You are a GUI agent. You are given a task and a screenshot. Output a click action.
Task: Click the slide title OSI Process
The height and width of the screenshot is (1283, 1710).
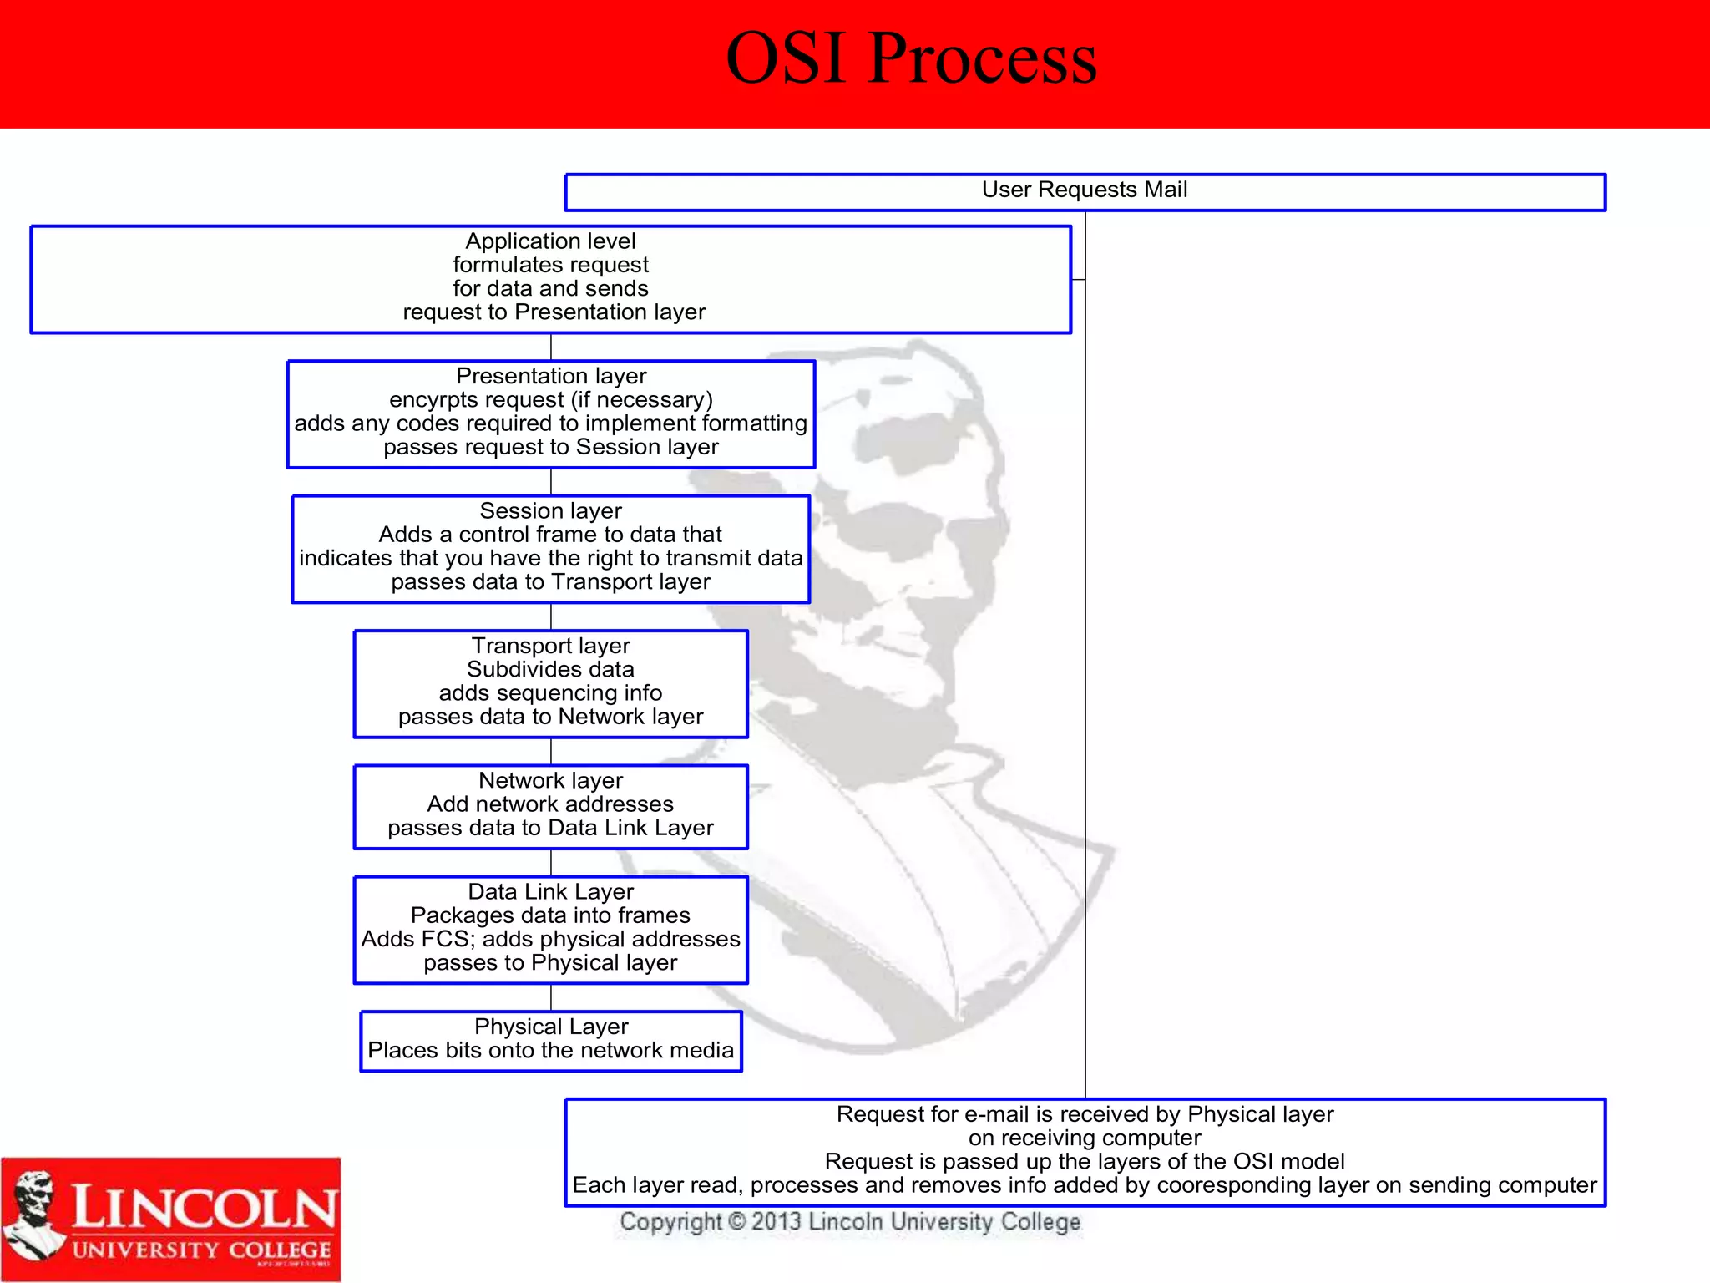click(x=911, y=58)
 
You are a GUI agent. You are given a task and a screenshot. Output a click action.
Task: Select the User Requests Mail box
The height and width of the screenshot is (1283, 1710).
click(x=1084, y=191)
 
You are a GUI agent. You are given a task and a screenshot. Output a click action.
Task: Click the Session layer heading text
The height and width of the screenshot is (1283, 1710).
click(x=550, y=510)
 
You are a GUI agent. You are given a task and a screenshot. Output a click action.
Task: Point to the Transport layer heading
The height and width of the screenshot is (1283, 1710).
click(x=550, y=646)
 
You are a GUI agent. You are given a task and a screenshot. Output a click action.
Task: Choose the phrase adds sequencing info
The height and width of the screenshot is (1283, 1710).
click(x=550, y=693)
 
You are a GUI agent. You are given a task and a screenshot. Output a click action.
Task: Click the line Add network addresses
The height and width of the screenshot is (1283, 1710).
click(x=550, y=804)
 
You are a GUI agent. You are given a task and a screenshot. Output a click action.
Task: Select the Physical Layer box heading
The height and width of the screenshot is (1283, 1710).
click(x=551, y=1027)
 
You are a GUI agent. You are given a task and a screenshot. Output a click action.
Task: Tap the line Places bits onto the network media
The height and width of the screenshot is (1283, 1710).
click(x=550, y=1051)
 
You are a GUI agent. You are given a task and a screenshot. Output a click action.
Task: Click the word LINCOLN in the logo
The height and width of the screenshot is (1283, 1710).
click(x=203, y=1208)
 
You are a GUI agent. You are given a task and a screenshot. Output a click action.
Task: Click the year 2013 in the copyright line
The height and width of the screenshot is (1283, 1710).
click(x=776, y=1222)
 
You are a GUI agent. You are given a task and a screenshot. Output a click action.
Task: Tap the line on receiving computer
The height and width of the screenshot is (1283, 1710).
click(x=1084, y=1138)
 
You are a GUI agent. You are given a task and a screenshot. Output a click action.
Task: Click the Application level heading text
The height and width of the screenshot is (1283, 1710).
click(x=550, y=241)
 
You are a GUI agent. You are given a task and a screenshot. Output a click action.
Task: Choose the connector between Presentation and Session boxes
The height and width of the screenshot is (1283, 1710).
click(x=551, y=482)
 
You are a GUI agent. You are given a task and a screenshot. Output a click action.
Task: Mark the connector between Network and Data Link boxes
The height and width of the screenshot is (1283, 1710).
click(x=551, y=863)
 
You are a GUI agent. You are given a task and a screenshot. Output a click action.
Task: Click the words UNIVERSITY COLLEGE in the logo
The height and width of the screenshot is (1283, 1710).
click(x=201, y=1250)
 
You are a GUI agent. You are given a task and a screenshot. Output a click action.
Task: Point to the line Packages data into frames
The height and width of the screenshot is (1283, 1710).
click(x=550, y=915)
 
